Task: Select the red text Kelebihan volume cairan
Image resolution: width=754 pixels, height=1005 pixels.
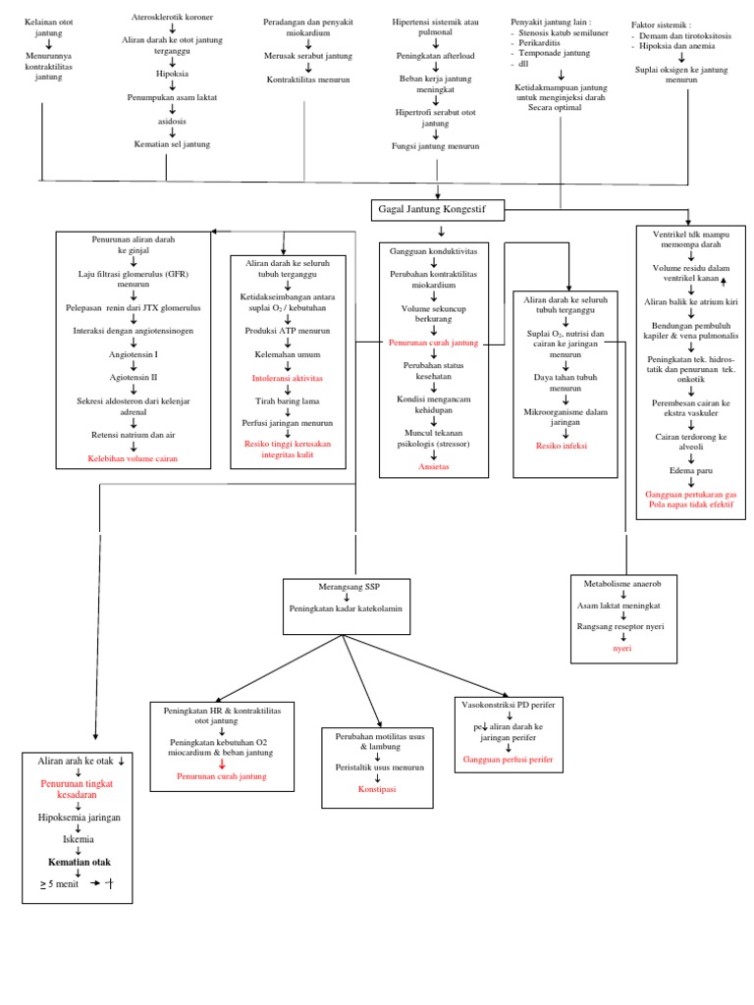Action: (133, 457)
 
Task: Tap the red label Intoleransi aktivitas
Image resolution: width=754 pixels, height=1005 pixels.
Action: (287, 377)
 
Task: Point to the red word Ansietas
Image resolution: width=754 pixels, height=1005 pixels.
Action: (433, 467)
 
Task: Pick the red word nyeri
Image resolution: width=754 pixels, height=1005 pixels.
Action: (622, 648)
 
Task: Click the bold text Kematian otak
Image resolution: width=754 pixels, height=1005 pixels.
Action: (80, 862)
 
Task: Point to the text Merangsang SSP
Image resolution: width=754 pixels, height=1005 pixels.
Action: (346, 586)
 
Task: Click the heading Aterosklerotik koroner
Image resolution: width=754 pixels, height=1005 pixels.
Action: (172, 18)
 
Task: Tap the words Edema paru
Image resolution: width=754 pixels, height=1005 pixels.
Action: (690, 470)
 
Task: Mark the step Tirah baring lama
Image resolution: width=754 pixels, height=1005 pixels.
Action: (287, 400)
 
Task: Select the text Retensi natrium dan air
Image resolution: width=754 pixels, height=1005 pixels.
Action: (133, 434)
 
